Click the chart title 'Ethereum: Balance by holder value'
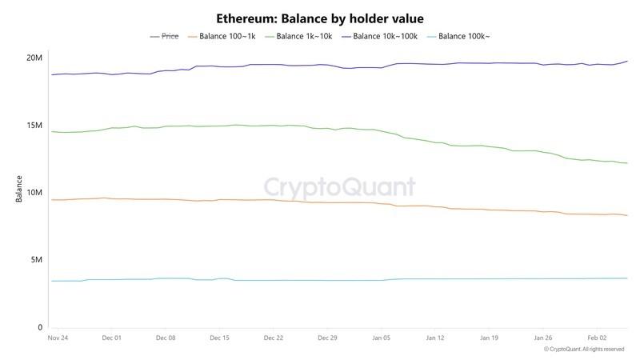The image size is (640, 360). tap(320, 18)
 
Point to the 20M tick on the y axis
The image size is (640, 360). tap(34, 58)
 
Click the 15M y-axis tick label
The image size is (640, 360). tap(34, 126)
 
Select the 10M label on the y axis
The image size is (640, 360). tap(34, 193)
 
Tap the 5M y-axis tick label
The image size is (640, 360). tap(36, 260)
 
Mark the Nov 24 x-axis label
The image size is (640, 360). tap(58, 338)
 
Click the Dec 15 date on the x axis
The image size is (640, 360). tap(220, 338)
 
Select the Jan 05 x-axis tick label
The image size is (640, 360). tap(382, 338)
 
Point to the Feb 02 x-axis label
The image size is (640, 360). tap(598, 338)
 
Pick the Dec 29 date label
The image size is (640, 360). tap(328, 338)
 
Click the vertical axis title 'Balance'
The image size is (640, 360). tap(18, 189)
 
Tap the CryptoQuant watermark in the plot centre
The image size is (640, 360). tap(340, 187)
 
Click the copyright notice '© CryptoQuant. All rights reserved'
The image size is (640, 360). tap(584, 350)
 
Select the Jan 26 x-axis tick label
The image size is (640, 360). tap(543, 338)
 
